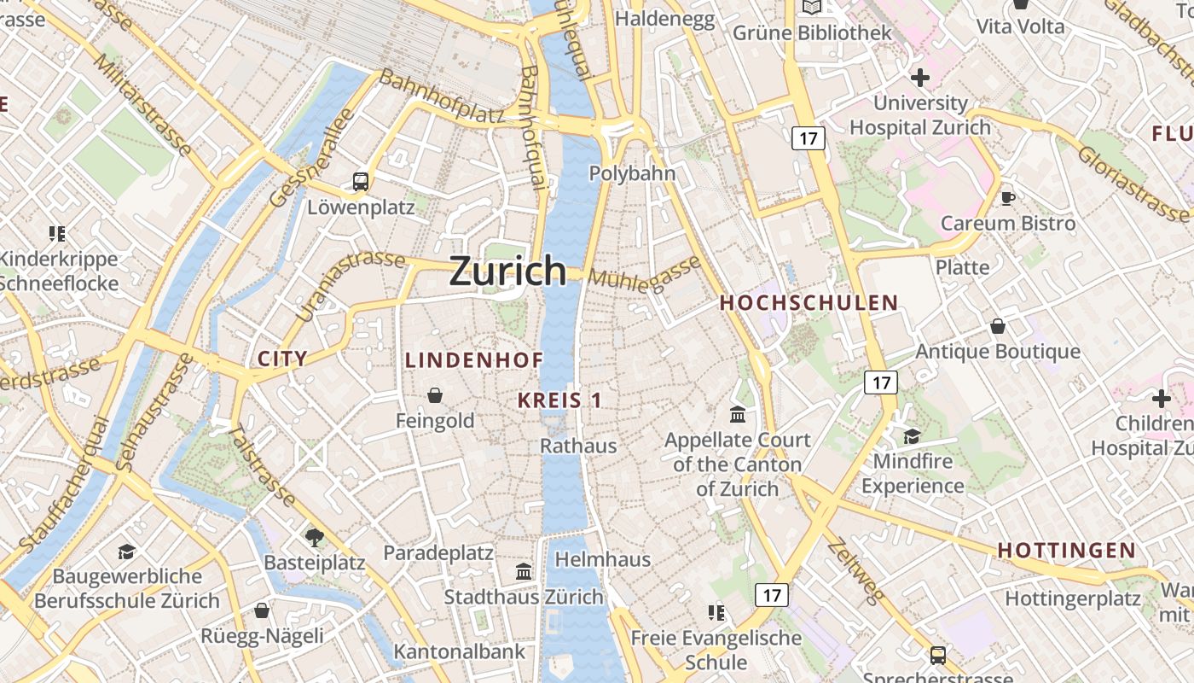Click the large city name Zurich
[x=507, y=271]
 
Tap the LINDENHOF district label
[x=474, y=360]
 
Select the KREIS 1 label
[x=559, y=400]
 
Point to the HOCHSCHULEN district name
[x=809, y=302]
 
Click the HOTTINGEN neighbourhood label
[x=1066, y=551]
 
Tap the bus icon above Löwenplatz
[x=361, y=181]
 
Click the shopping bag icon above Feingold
[x=435, y=395]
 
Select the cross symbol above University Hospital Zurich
[x=919, y=79]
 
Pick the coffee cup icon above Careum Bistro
[x=1007, y=198]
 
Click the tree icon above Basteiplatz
[x=314, y=537]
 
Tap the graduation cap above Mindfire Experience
[x=912, y=436]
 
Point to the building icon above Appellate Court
[x=738, y=415]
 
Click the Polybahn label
[x=632, y=173]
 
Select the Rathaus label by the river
[x=578, y=446]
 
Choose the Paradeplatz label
[x=438, y=552]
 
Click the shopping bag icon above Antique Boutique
[x=997, y=326]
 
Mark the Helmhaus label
[x=602, y=560]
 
